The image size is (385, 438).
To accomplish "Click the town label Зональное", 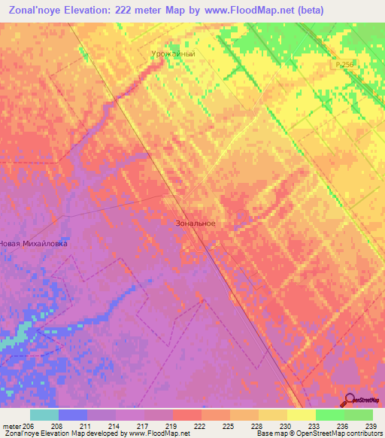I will coord(195,224).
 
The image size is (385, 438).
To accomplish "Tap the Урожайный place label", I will coord(174,53).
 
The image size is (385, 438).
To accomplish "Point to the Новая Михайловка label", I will coord(34,244).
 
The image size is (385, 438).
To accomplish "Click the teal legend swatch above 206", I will coord(44,415).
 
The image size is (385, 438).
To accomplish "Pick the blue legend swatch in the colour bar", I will coord(73,415).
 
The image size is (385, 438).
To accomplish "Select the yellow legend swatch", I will coord(301,415).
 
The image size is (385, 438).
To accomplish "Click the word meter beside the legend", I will coord(12,425).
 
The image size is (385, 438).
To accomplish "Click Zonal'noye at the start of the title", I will coord(34,9).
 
